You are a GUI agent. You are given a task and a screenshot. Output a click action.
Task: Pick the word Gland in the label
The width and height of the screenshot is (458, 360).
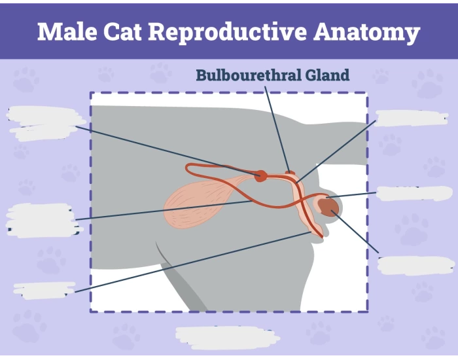point(329,75)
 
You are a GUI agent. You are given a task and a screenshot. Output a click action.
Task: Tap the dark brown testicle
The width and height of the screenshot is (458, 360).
point(330,207)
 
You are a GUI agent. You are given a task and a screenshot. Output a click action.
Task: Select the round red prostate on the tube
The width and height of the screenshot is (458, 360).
point(260,175)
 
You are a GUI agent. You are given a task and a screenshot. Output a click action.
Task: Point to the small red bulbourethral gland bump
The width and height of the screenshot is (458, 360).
point(291,174)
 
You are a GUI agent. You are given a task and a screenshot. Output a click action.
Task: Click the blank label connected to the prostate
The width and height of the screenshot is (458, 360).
point(42,123)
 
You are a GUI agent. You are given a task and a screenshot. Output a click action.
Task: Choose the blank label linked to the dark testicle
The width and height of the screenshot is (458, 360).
point(415,264)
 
